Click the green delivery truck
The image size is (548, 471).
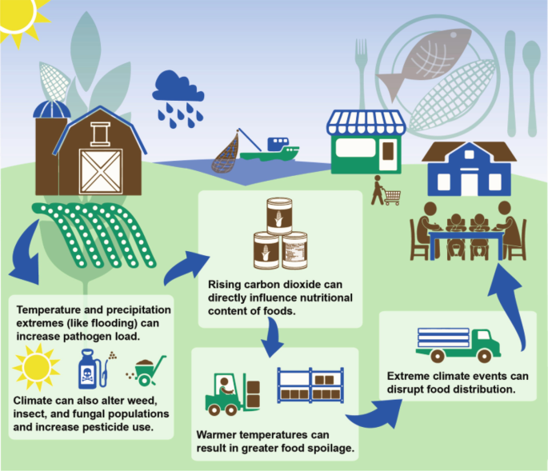click(458, 343)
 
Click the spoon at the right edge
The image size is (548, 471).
click(531, 76)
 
